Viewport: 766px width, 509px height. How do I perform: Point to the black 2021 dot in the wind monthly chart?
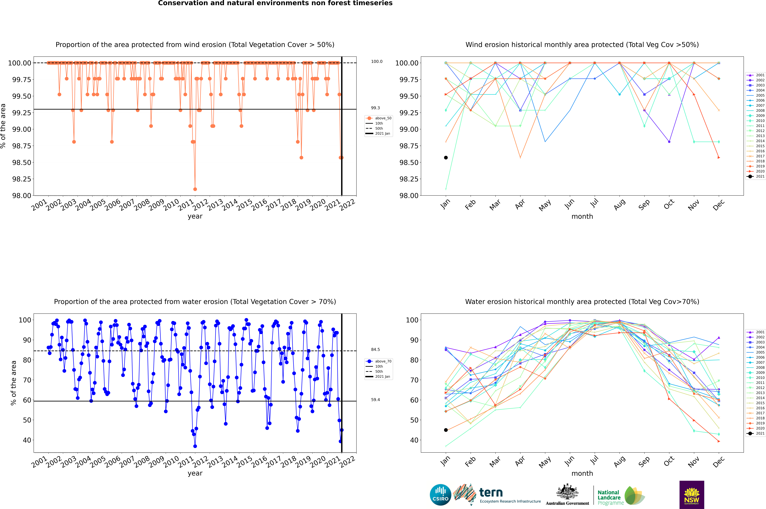pyautogui.click(x=446, y=158)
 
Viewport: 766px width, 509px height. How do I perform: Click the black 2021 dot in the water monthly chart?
pyautogui.click(x=446, y=430)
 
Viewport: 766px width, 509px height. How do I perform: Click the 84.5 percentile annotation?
pyautogui.click(x=375, y=350)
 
